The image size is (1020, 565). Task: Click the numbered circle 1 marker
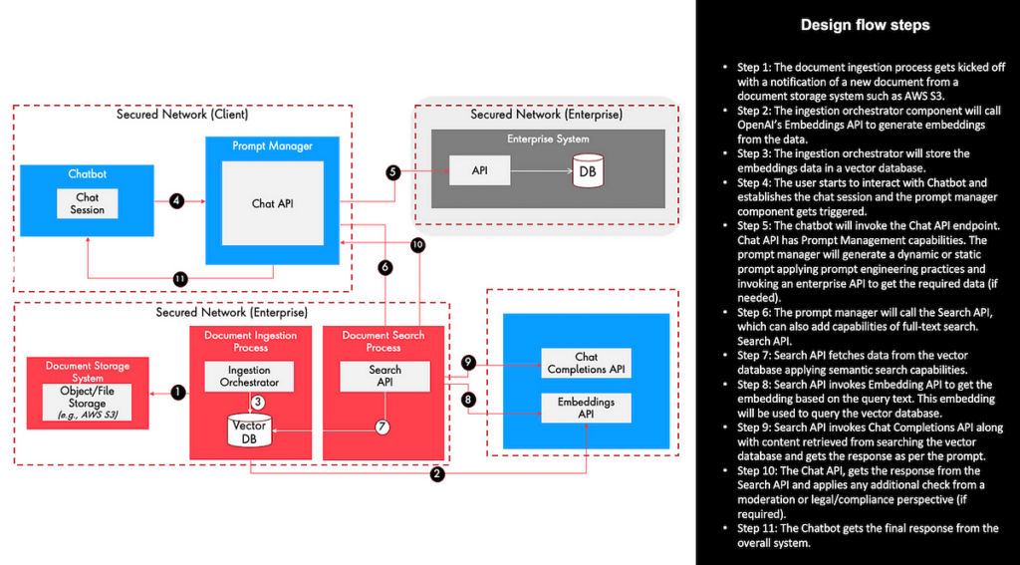178,393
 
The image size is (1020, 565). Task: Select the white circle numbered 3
256,402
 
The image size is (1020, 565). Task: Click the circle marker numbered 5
393,171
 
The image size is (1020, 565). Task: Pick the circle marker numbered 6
385,267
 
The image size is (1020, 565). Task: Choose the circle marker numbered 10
417,244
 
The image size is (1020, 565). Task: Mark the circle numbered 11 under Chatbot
180,278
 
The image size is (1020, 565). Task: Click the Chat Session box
88,203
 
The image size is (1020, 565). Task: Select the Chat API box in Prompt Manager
272,202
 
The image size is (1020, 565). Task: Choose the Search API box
384,376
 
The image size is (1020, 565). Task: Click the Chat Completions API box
586,363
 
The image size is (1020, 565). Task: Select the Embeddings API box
586,409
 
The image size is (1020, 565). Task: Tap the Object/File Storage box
87,402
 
